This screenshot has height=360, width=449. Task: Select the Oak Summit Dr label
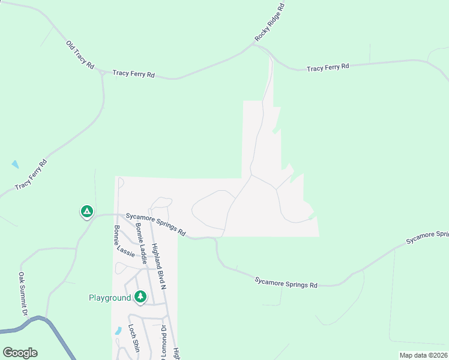point(22,293)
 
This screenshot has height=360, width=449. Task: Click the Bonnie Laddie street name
point(142,243)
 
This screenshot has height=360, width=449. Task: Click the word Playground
point(109,298)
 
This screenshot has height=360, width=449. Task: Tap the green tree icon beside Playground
point(140,296)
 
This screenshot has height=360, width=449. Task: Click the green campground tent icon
point(87,211)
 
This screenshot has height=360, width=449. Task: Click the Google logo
point(20,353)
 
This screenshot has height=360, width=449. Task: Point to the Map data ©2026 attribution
point(423,355)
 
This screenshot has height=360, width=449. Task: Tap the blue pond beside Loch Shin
point(116,331)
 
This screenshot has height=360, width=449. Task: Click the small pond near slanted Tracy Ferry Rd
point(14,163)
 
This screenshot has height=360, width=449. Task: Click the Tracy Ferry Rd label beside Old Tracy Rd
point(134,74)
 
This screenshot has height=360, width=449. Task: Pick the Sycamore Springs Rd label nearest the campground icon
point(155,224)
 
